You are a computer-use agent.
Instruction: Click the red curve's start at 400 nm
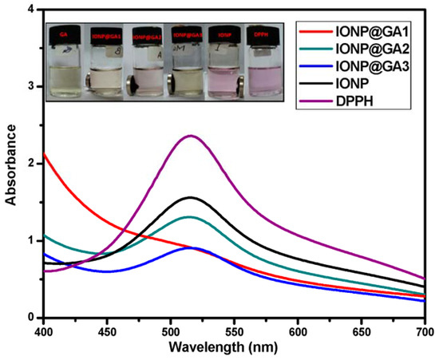point(45,154)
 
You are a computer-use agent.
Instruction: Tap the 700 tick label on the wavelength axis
point(424,330)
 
